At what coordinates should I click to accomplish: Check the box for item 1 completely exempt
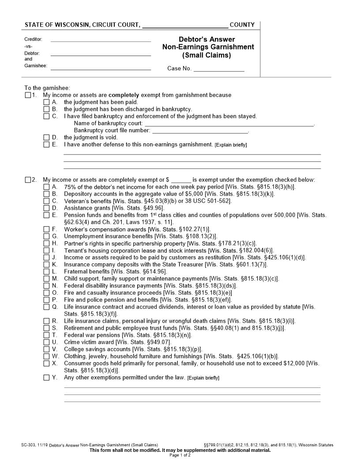click(28, 95)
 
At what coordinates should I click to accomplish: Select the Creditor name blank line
click(101, 39)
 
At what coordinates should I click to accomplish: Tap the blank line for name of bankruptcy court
click(229, 124)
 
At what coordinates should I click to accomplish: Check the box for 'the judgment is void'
click(46, 138)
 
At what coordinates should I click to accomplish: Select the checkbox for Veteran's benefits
click(46, 201)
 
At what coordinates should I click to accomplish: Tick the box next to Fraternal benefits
click(46, 272)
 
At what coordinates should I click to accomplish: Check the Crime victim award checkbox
click(46, 342)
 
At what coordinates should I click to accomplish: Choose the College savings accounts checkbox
click(46, 349)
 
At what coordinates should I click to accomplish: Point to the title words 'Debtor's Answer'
click(206, 39)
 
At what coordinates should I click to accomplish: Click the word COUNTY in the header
click(242, 25)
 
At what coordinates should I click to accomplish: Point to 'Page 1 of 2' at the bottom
click(180, 455)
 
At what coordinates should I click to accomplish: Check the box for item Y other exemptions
click(46, 378)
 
